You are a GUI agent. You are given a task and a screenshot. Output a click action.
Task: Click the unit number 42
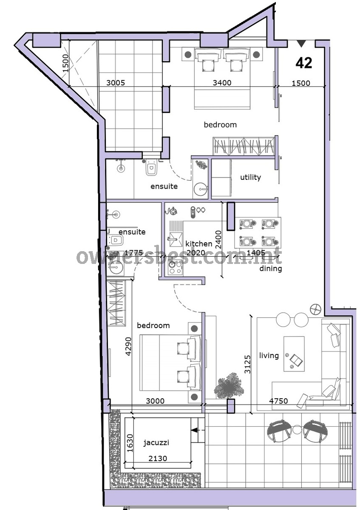(x=304, y=62)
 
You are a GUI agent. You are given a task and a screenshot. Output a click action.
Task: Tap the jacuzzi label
(x=156, y=442)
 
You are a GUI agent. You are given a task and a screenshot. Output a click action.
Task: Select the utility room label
(x=250, y=177)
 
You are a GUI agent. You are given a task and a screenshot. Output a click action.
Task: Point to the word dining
(x=270, y=269)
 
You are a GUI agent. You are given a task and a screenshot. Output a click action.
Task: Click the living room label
(x=269, y=355)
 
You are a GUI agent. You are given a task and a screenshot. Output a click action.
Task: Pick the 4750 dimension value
(x=278, y=400)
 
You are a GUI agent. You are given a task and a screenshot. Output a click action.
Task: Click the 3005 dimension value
(x=116, y=82)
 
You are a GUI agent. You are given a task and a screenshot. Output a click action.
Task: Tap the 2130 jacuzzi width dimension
(x=158, y=458)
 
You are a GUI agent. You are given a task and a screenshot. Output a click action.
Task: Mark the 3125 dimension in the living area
(x=247, y=364)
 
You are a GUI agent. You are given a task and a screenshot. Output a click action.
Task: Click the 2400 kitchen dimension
(x=218, y=240)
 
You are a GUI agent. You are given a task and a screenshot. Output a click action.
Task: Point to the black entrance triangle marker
(x=301, y=43)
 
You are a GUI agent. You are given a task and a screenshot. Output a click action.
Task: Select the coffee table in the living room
(x=294, y=354)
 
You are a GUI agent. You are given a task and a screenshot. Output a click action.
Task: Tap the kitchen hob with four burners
(x=175, y=268)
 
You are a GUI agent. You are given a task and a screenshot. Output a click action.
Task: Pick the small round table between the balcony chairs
(x=297, y=430)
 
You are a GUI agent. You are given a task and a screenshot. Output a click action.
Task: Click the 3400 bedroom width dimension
(x=222, y=82)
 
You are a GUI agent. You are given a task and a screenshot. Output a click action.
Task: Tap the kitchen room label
(x=199, y=244)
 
